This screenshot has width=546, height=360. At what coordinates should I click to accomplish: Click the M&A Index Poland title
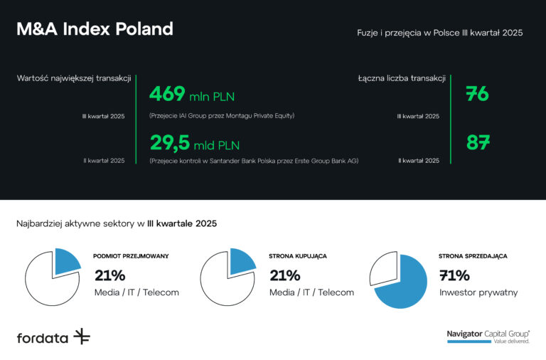point(95,29)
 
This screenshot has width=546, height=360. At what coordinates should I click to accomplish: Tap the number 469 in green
point(167,94)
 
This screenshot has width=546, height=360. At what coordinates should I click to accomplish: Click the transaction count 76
point(477,94)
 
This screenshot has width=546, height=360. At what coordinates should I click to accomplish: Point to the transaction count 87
point(478,142)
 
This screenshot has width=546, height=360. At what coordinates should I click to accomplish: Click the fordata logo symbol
point(82,337)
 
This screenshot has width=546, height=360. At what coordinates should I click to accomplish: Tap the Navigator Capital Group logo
point(488,336)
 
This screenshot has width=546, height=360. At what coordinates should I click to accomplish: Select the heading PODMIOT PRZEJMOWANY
point(131,255)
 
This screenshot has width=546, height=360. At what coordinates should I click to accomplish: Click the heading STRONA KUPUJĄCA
point(298,255)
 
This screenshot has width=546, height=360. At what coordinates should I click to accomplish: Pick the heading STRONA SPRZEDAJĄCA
point(473,255)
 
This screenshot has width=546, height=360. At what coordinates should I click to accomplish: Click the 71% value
point(454,275)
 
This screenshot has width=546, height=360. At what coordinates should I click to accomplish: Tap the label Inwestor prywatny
point(478,292)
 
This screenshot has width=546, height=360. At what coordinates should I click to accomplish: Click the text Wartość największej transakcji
point(74,78)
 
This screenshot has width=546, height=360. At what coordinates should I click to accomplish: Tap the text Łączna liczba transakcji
point(402,78)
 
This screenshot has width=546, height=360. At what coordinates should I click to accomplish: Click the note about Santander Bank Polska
point(254,161)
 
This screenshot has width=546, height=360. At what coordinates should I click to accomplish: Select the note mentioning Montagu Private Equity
point(222,115)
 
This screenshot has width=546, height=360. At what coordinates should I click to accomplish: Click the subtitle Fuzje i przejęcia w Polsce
point(440,33)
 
